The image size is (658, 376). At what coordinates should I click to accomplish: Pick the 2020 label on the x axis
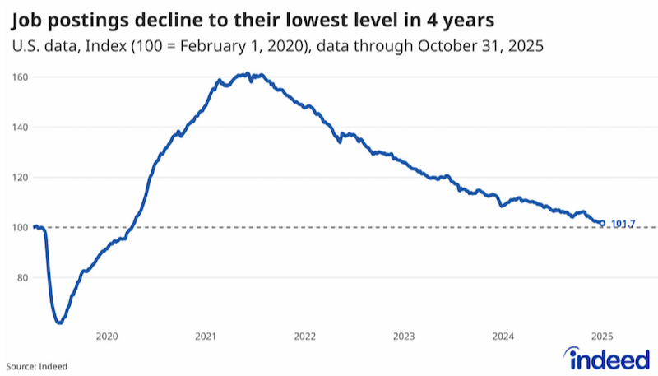(107, 337)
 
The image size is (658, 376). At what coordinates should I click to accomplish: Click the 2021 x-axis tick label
(206, 337)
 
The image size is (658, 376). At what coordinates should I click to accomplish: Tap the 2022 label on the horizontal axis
(304, 337)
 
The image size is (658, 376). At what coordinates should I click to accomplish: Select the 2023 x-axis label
(404, 337)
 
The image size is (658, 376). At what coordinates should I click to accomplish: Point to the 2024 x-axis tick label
(503, 337)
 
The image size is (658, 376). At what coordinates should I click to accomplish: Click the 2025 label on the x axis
(602, 337)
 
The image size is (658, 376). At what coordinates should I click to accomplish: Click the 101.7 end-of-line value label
(623, 224)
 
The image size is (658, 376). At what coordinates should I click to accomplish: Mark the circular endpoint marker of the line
(602, 224)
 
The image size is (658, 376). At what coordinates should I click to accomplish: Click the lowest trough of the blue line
(59, 323)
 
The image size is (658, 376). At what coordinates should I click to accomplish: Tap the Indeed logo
(607, 359)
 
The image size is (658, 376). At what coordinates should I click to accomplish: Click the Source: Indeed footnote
(36, 366)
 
